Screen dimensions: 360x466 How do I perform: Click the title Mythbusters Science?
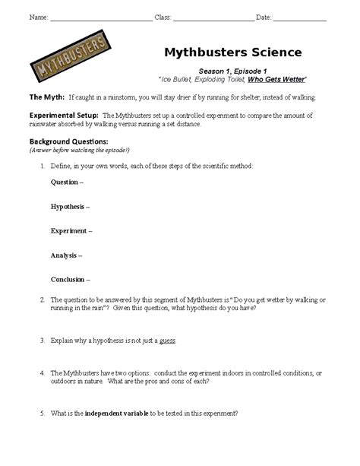click(x=232, y=52)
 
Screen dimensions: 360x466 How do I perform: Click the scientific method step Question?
click(x=67, y=182)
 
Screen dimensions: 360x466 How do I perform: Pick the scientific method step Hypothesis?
click(x=70, y=206)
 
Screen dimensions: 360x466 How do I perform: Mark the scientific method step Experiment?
click(x=71, y=230)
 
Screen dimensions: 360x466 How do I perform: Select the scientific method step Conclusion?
click(x=70, y=279)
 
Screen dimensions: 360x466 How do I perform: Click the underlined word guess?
click(x=168, y=341)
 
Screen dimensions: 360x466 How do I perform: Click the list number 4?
click(x=42, y=373)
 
